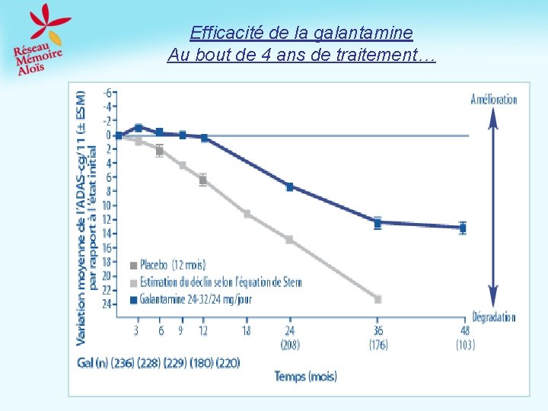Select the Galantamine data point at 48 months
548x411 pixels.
[x=463, y=227]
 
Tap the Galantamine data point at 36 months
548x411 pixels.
[x=378, y=223]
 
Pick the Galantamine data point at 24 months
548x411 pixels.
[x=290, y=186]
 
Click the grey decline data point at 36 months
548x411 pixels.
[x=378, y=299]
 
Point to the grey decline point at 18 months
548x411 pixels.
[x=247, y=214]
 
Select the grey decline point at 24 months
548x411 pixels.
[x=289, y=239]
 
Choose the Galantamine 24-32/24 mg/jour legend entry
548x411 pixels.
[x=195, y=299]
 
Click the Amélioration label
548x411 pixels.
[x=493, y=100]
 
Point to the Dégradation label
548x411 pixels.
[x=493, y=317]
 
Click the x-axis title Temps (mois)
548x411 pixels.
[x=305, y=376]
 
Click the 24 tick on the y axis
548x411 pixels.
[x=107, y=304]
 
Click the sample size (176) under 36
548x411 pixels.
[x=378, y=345]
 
